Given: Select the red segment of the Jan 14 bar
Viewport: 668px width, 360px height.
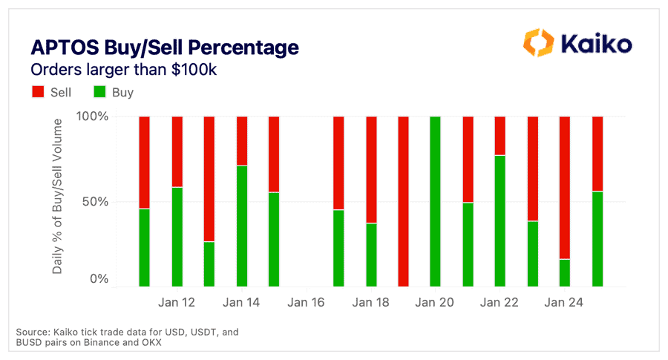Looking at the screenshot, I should (x=241, y=140).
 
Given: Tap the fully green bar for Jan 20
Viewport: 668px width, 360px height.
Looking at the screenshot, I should (x=435, y=200).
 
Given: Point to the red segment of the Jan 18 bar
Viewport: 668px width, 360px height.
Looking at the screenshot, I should (x=370, y=169).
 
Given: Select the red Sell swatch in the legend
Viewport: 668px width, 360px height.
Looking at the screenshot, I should (x=38, y=93).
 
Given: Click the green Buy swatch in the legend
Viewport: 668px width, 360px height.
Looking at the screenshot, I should (x=99, y=93).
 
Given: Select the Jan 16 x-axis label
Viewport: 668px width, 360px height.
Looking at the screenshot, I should (x=306, y=303).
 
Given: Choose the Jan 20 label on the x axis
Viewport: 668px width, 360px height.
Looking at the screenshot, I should (x=435, y=303).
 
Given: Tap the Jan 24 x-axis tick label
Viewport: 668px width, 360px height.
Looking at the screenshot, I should (x=564, y=303).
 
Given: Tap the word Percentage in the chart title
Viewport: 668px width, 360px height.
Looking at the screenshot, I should (x=244, y=48).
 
